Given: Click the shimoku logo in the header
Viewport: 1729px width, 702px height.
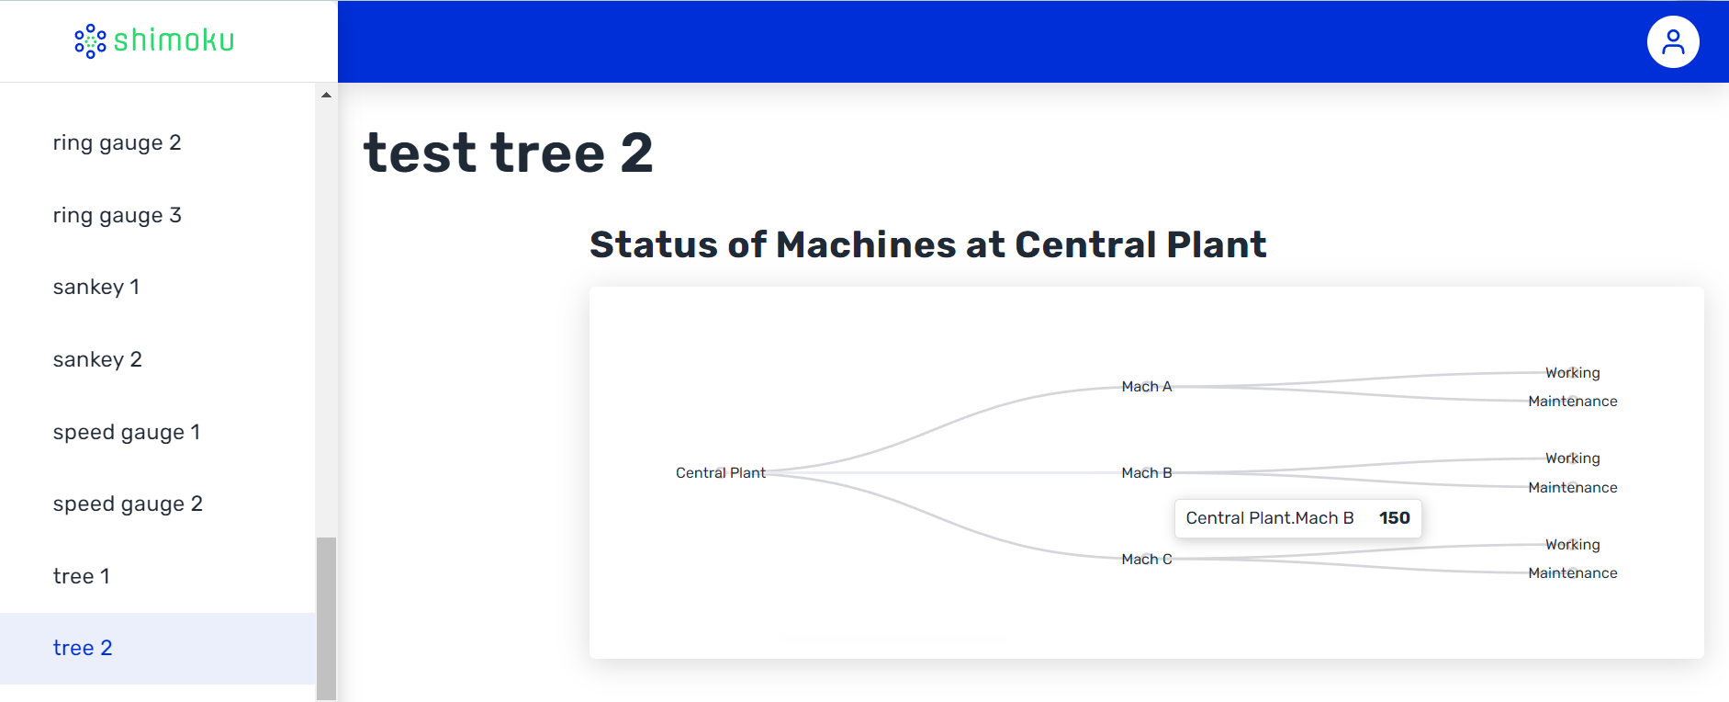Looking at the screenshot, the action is point(154,40).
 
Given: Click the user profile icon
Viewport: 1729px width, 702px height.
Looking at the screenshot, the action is point(1673,41).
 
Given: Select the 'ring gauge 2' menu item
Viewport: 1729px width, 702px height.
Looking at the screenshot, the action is point(118,142).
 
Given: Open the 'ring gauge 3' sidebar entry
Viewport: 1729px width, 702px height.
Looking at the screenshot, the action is point(118,215).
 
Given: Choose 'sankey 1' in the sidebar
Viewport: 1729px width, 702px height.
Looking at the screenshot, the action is point(96,287).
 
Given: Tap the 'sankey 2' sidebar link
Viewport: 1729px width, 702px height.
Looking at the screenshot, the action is point(97,359).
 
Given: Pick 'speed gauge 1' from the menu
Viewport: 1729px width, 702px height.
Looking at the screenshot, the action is point(127,432).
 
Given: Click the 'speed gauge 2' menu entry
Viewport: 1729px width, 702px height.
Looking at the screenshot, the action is point(128,504).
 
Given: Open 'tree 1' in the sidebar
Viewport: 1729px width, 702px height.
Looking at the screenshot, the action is point(82,576).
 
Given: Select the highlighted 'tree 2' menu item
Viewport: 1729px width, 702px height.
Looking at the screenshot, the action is point(83,648).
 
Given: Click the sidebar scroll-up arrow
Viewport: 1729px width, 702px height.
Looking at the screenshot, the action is point(326,96).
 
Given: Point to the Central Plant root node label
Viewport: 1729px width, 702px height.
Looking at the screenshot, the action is point(721,472).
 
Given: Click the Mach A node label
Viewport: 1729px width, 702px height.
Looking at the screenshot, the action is point(1147,386).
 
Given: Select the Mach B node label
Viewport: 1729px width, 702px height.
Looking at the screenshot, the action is point(1147,472).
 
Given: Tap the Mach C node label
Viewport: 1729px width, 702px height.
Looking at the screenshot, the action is point(1147,559).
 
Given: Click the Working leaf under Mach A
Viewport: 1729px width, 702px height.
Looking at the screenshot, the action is point(1572,372).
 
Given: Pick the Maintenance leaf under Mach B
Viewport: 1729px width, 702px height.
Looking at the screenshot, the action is point(1573,487).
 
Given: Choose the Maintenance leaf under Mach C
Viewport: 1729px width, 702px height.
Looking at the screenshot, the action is point(1573,572).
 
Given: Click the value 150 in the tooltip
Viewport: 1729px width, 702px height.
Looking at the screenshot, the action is point(1394,518).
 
